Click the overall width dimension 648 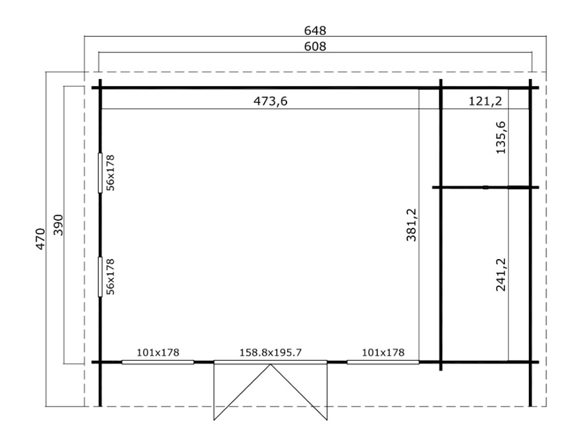pyautogui.click(x=315, y=30)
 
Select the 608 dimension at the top pyautogui.click(x=315, y=47)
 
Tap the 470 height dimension pyautogui.click(x=41, y=238)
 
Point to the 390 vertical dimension pyautogui.click(x=59, y=225)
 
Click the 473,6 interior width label pyautogui.click(x=270, y=101)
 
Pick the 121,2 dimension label pyautogui.click(x=485, y=101)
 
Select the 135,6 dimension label pyautogui.click(x=501, y=137)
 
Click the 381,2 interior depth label pyautogui.click(x=412, y=225)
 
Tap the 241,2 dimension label pyautogui.click(x=501, y=275)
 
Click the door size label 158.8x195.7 pyautogui.click(x=270, y=352)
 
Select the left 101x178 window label pyautogui.click(x=158, y=352)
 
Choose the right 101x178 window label pyautogui.click(x=383, y=352)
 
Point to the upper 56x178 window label pyautogui.click(x=110, y=173)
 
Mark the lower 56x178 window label pyautogui.click(x=110, y=277)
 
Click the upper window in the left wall pyautogui.click(x=100, y=173)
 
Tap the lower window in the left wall pyautogui.click(x=100, y=277)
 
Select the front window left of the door pyautogui.click(x=158, y=362)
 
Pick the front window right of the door pyautogui.click(x=383, y=362)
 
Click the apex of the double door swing pyautogui.click(x=270, y=364)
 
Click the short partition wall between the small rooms pyautogui.click(x=486, y=187)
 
